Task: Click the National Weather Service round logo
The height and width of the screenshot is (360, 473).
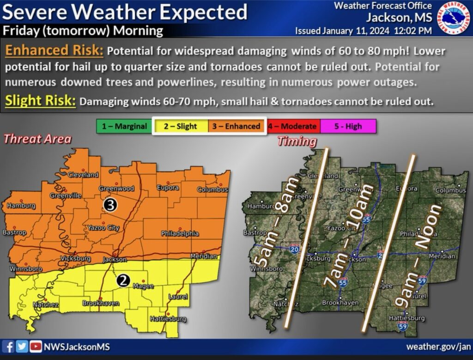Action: pos(453,18)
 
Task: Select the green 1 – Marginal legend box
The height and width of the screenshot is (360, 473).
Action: pos(125,126)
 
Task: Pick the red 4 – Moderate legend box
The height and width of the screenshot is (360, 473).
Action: pos(292,126)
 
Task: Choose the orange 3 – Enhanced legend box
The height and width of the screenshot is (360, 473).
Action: pos(236,126)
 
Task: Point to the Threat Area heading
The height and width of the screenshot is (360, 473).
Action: pos(37,139)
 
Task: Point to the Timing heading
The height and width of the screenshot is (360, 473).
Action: pos(297,141)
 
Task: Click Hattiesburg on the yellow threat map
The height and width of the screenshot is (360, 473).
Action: pos(168,319)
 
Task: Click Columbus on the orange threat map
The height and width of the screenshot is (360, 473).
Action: pos(213,189)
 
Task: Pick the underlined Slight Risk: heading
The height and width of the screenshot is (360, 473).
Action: pos(41,101)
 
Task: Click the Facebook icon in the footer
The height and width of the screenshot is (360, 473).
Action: pos(9,347)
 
